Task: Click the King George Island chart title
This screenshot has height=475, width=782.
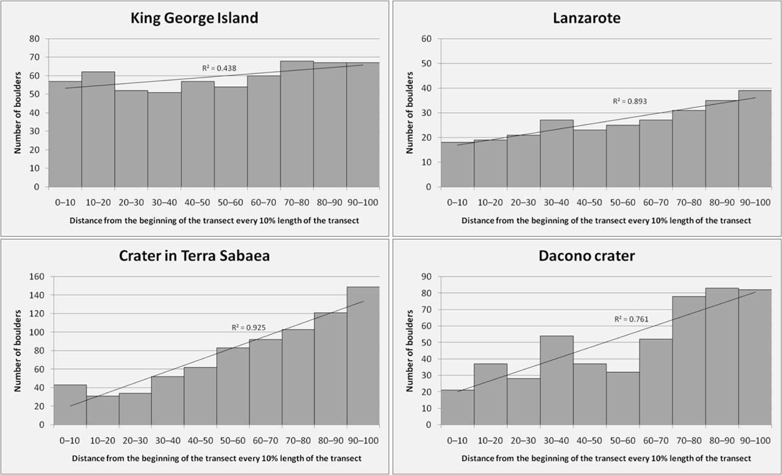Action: [x=194, y=18]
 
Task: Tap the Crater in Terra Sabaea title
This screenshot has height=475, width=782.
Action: [x=194, y=256]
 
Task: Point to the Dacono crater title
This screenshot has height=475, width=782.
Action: [x=586, y=256]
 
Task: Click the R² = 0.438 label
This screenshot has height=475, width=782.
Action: [x=215, y=68]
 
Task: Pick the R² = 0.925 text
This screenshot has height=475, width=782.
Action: [x=249, y=328]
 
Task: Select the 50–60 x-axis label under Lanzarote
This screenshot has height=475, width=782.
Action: [x=622, y=202]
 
